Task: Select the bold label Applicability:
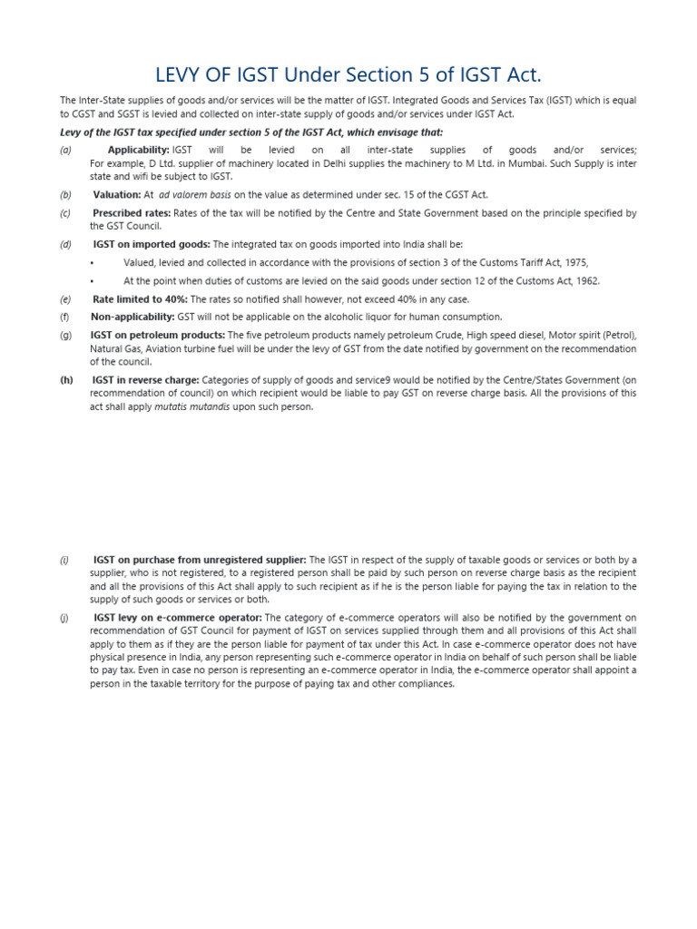(138, 150)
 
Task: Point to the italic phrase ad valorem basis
(195, 194)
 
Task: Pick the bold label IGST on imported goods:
(151, 244)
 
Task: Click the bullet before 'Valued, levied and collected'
(93, 262)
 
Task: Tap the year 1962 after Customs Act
(586, 280)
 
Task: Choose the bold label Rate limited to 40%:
(140, 298)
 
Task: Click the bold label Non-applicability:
(133, 317)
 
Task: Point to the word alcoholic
(348, 317)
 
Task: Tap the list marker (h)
(66, 380)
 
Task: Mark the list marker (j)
(64, 617)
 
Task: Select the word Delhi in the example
(289, 163)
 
